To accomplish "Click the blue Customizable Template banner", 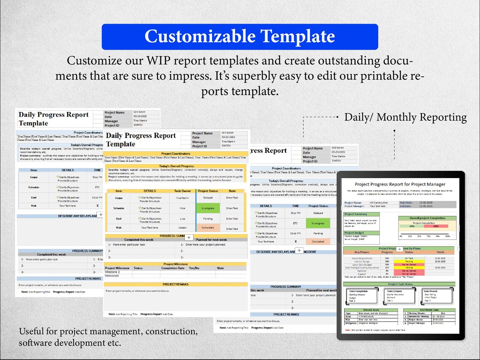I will point(240,37).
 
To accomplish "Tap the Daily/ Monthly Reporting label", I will point(405,117).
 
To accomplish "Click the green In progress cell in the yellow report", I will point(208,208).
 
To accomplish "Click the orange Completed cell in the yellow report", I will point(208,228).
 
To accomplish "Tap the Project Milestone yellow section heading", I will point(176,264).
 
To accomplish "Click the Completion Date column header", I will point(173,268).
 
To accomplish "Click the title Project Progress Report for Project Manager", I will point(400,184).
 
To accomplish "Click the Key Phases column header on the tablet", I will point(362,252).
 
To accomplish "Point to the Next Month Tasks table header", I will point(429,310).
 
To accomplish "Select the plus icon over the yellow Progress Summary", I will point(189,237).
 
